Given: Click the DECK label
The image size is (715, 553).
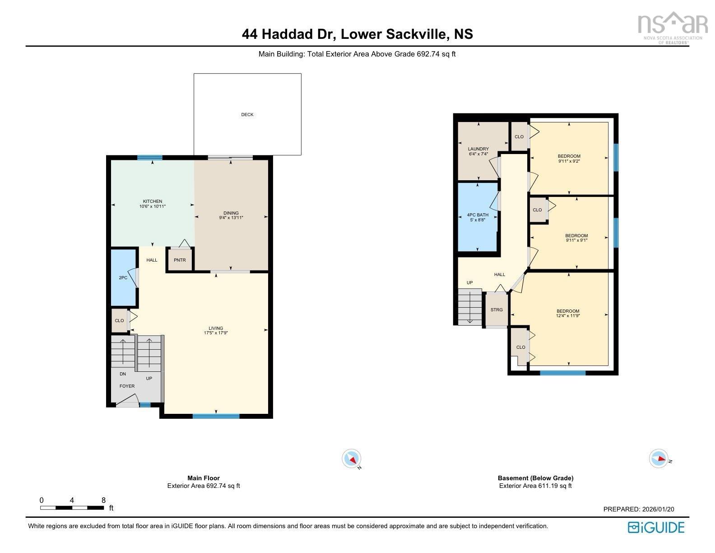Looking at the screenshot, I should [x=247, y=115].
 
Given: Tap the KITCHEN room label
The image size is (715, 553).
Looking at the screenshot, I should [x=152, y=202].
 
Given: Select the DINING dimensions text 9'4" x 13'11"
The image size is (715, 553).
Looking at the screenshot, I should [x=231, y=218].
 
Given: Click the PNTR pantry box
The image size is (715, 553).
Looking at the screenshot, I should [x=180, y=260].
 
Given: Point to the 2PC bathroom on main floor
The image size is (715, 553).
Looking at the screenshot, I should [x=123, y=277].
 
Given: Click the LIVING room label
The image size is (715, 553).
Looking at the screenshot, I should [x=216, y=328].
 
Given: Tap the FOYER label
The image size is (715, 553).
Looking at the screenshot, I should [x=127, y=386].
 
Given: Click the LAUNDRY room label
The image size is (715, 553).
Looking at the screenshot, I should [x=478, y=149].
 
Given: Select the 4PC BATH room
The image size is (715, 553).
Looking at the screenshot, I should [x=478, y=217].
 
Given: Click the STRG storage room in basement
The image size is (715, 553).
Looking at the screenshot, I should [x=497, y=310].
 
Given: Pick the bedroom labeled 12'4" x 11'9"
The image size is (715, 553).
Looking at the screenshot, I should [x=567, y=313].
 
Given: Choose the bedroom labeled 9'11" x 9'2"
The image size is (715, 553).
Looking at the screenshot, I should [x=569, y=158].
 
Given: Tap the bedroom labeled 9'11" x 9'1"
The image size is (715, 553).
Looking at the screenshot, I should [x=576, y=238].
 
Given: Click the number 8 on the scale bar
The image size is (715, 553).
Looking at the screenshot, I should [x=103, y=500].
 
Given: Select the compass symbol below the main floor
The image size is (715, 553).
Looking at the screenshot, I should [x=352, y=459].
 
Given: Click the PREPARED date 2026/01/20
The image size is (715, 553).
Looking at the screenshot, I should [x=638, y=509].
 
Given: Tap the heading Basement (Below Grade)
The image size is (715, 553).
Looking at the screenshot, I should [x=535, y=478].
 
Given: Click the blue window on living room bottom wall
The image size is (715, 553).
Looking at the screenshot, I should [x=216, y=416].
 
